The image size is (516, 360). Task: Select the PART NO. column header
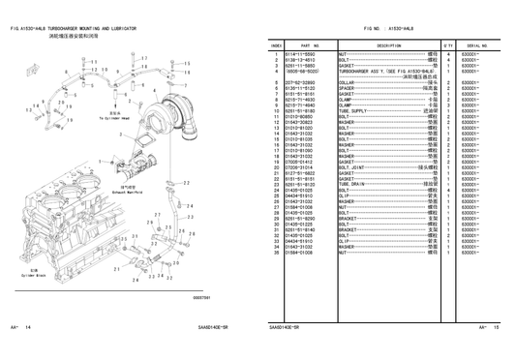point(310,45)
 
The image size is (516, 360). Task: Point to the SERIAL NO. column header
point(475,45)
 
